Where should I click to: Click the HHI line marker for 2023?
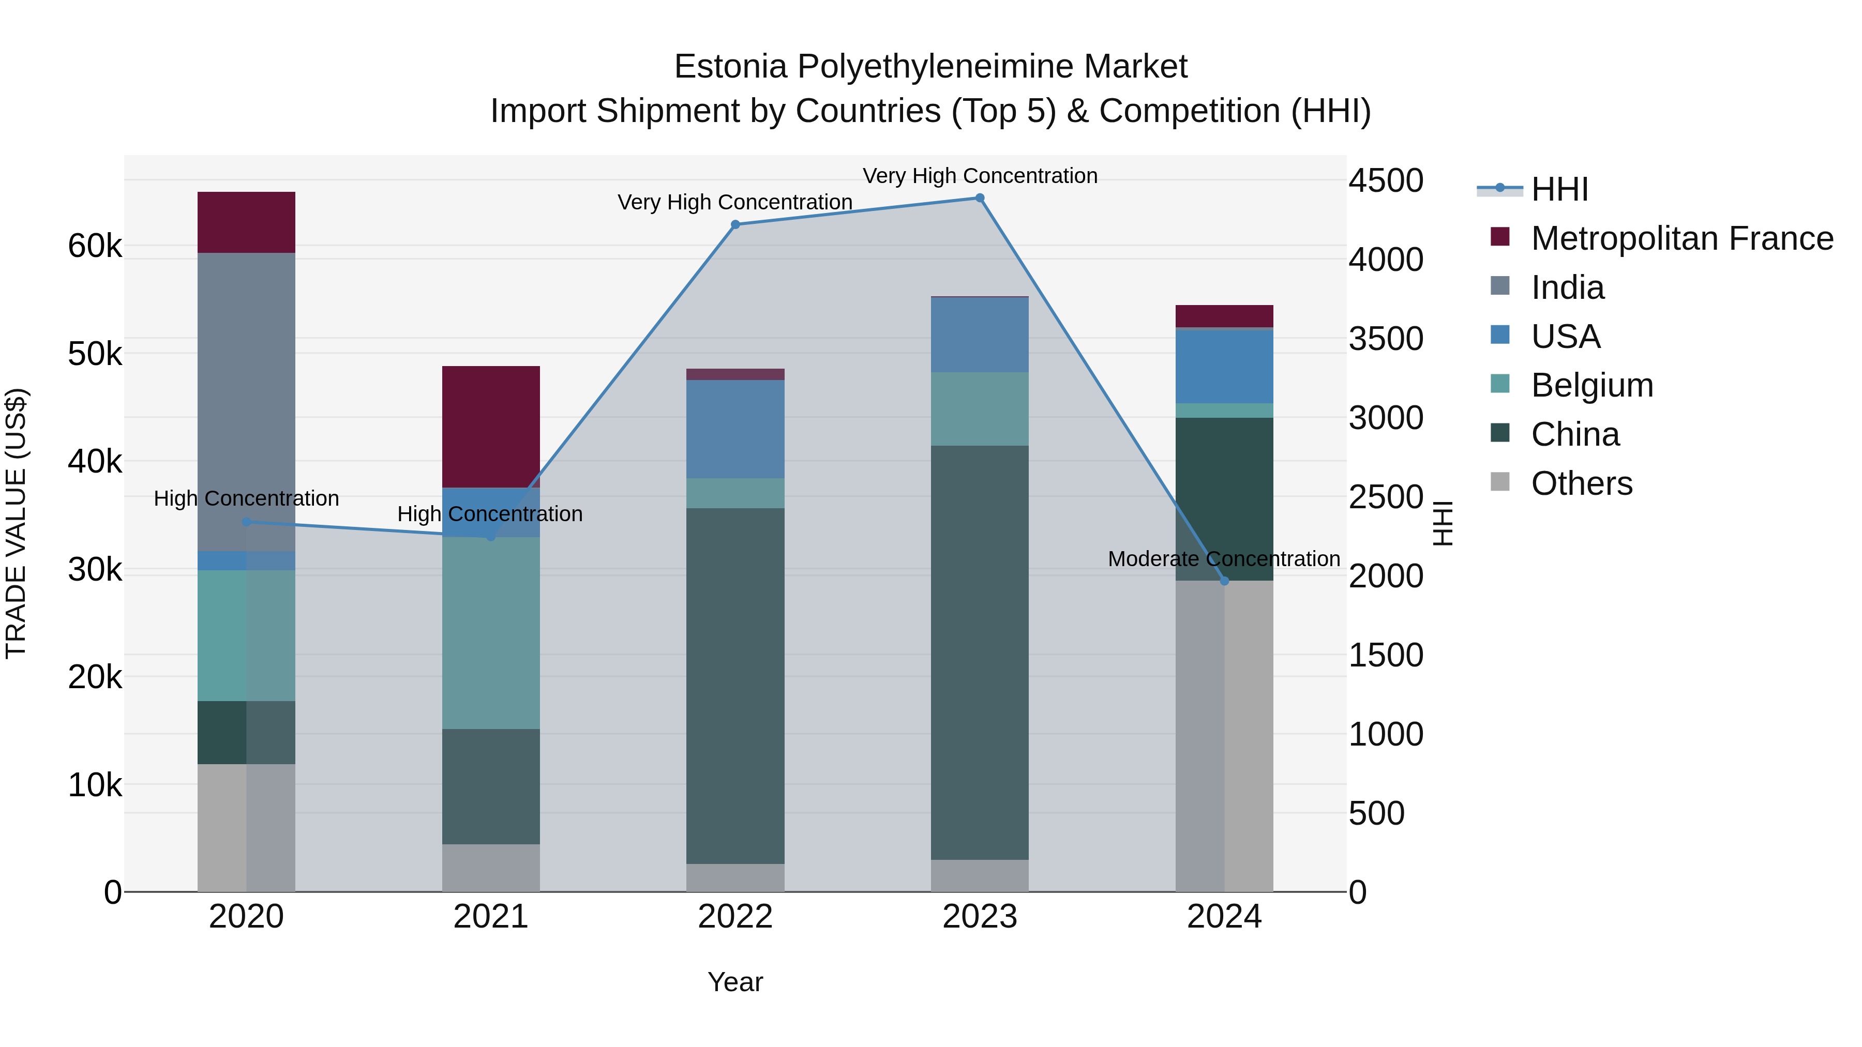tap(980, 198)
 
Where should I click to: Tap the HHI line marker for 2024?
tap(1224, 581)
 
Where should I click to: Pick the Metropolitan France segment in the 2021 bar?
tap(491, 427)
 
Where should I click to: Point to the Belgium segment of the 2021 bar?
tap(491, 632)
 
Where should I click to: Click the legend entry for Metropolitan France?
tap(1681, 238)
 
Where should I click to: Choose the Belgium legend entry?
tap(1591, 385)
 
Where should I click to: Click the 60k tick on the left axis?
tap(95, 247)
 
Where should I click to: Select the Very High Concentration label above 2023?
tap(980, 176)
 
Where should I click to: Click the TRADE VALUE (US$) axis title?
tap(16, 523)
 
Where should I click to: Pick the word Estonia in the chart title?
tap(730, 67)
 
